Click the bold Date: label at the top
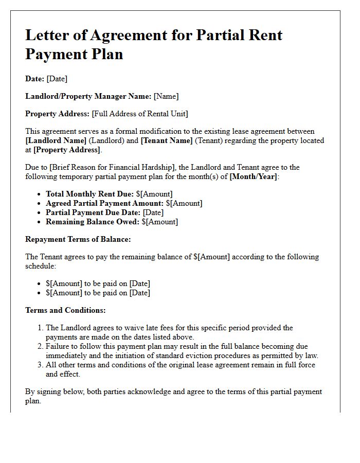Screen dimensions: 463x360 tap(34, 79)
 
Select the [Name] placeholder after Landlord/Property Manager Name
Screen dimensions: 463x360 tap(166, 96)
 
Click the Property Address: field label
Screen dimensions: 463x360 tap(58, 114)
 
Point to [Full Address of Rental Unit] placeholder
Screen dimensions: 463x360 tap(140, 114)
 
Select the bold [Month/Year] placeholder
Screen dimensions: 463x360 tap(254, 176)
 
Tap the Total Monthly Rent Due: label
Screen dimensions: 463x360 tap(89, 194)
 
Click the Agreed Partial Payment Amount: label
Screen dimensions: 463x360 tap(104, 203)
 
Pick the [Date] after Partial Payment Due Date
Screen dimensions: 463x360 tap(153, 212)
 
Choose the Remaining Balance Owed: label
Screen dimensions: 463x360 tap(92, 222)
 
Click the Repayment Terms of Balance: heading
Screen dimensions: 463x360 tap(78, 239)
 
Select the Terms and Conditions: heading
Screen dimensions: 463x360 tap(65, 310)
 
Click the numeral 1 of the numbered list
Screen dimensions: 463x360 tap(40, 328)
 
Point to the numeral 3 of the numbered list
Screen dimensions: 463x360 tap(40, 365)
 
